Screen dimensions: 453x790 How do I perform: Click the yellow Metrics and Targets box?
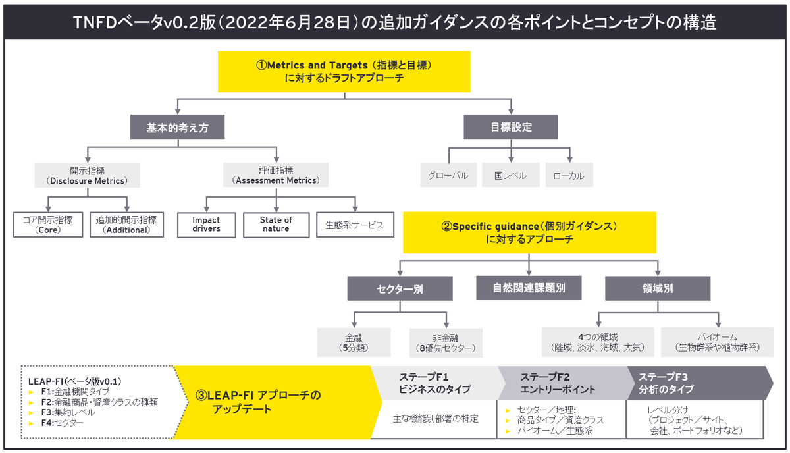click(x=344, y=72)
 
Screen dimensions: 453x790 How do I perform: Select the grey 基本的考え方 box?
click(x=177, y=127)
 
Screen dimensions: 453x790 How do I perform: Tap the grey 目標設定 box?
click(x=511, y=127)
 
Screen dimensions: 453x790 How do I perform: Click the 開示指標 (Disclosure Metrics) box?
click(x=88, y=175)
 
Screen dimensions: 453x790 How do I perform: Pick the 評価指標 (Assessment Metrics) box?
click(x=276, y=175)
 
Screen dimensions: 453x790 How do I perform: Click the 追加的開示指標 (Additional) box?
click(x=126, y=225)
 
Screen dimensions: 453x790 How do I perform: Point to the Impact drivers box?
click(x=207, y=225)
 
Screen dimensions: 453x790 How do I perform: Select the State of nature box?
click(x=276, y=225)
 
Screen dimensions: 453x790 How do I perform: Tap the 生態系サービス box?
click(x=354, y=225)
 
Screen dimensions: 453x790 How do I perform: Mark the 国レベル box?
click(x=511, y=176)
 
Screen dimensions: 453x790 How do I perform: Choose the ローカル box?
click(x=569, y=176)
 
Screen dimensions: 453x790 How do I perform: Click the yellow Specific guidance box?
click(x=529, y=232)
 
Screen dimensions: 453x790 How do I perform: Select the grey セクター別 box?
click(x=400, y=288)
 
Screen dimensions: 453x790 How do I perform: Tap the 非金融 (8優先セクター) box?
click(x=446, y=342)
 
